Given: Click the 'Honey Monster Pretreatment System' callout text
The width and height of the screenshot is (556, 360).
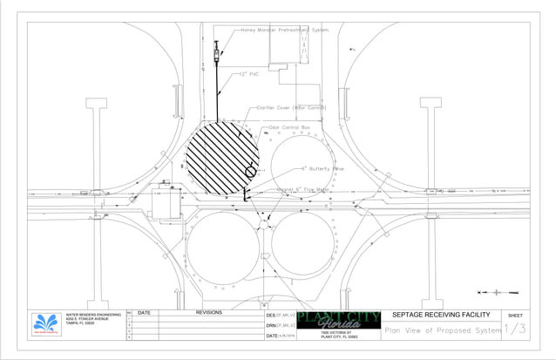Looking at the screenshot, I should point(284,30).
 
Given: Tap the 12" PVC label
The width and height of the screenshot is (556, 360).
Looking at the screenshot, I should point(249,75).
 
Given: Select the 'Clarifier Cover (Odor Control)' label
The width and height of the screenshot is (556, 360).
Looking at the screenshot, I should point(292,108).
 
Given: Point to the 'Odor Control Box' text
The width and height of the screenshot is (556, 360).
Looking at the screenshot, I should point(289,127).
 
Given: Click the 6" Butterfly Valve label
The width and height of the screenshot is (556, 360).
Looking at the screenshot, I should point(322,168).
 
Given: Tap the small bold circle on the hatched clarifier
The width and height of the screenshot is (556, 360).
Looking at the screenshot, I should point(251,173).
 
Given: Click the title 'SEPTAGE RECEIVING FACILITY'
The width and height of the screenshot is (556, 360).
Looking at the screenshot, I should point(442,315).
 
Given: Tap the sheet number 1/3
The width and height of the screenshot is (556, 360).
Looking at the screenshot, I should point(514,329).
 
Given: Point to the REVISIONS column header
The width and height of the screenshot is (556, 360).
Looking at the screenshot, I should point(208,312).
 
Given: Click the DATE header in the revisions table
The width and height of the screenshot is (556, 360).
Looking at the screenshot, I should point(144,312).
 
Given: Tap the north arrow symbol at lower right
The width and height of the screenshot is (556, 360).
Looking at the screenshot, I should point(498,292).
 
